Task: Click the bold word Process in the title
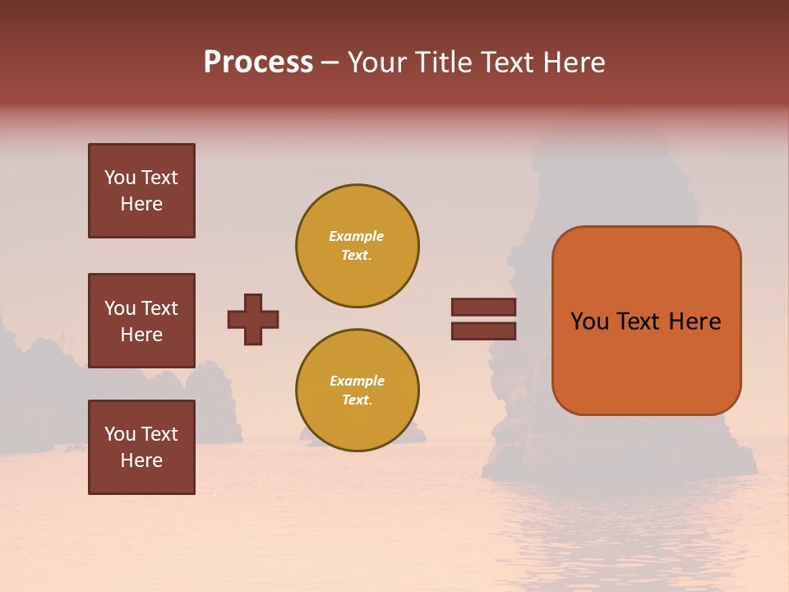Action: point(258,62)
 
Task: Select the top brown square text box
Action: point(141,191)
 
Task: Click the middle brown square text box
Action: point(141,321)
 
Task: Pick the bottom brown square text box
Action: point(141,447)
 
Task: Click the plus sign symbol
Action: point(253,319)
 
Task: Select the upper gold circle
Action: point(357,246)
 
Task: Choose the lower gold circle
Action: point(357,391)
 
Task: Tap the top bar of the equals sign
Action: point(483,308)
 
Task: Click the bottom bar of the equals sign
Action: point(483,331)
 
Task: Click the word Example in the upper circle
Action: point(356,236)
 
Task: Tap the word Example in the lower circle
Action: point(357,381)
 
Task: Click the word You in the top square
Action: point(120,178)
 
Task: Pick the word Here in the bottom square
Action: point(141,460)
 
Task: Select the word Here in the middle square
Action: point(141,335)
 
